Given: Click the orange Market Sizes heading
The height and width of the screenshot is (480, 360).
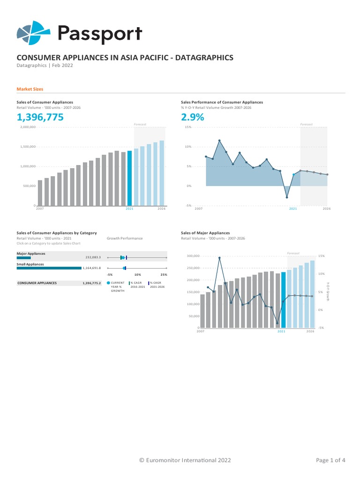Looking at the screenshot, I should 30,89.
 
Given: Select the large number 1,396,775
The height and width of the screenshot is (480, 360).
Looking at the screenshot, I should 40,118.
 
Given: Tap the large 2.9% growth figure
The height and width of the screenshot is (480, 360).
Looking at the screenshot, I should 193,118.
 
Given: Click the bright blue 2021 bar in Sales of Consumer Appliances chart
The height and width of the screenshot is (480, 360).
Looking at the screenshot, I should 130,178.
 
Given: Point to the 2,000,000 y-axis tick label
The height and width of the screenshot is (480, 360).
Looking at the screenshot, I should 28,127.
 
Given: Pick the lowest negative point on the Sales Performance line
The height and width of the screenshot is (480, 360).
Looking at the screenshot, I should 287,197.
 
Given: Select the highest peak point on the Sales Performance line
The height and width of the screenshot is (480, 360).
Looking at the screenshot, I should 219,140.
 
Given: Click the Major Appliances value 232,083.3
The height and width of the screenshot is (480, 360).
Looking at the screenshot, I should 93,257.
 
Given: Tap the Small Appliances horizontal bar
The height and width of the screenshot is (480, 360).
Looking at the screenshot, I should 49,268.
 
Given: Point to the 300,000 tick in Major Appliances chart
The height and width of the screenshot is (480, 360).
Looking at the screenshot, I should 193,256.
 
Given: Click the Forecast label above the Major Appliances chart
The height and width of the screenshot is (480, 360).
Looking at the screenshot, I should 293,253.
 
